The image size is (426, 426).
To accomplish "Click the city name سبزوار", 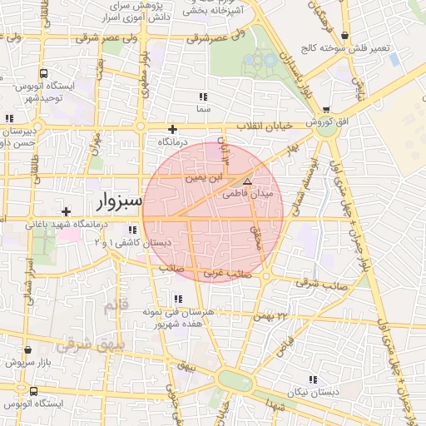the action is (120, 201).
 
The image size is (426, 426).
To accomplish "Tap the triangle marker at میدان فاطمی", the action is (246, 181).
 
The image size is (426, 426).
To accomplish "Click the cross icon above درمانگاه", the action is (172, 129).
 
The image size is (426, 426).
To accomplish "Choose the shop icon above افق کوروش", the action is (325, 109).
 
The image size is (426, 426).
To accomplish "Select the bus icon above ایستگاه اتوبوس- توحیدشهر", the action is (43, 73).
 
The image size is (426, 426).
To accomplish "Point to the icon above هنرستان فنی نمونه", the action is (177, 299).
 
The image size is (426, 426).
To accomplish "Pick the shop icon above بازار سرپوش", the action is (28, 350).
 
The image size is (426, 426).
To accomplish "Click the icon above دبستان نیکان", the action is (312, 379).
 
